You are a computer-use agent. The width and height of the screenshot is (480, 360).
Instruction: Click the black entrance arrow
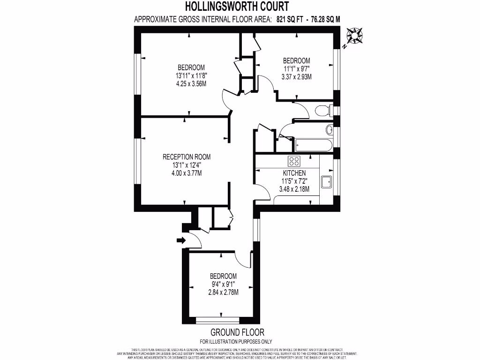pyautogui.click(x=180, y=240)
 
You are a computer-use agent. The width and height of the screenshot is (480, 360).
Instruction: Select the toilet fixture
pyautogui.click(x=322, y=111)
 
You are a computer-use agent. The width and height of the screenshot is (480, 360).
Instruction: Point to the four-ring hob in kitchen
pyautogui.click(x=294, y=161)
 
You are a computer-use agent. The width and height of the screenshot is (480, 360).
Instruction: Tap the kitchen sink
pyautogui.click(x=326, y=181)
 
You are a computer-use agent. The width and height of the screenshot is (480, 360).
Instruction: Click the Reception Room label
pyautogui.click(x=187, y=157)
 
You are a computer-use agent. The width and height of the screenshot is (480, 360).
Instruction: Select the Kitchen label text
pyautogui.click(x=294, y=173)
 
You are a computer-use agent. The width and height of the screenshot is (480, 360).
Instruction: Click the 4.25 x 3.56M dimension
pyautogui.click(x=191, y=83)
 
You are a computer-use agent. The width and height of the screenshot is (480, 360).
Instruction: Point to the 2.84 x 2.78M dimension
pyautogui.click(x=223, y=292)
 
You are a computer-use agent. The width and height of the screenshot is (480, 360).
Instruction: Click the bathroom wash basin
pyautogui.click(x=329, y=129)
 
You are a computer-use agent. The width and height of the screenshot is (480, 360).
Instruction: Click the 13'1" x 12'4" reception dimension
pyautogui.click(x=187, y=165)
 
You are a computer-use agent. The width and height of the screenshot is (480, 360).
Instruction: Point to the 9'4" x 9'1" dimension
pyautogui.click(x=223, y=284)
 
